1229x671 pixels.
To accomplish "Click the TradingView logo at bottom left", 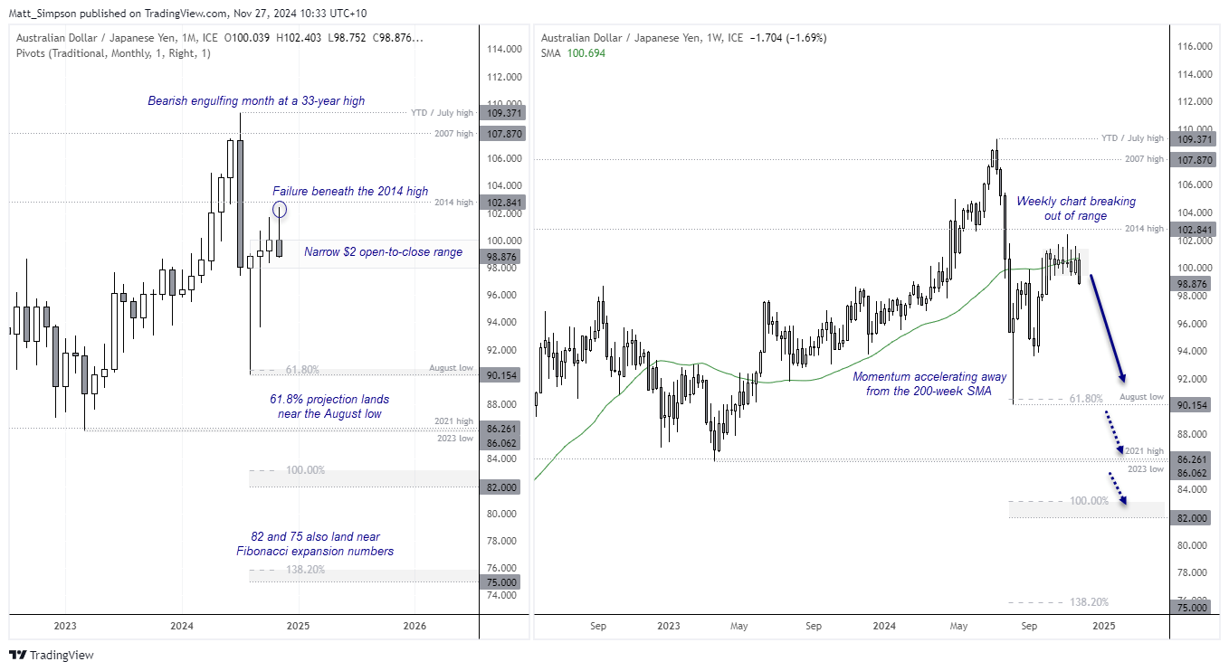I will tap(52, 655).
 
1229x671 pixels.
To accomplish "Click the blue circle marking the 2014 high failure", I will tap(280, 210).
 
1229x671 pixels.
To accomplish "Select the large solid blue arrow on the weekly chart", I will tap(1106, 327).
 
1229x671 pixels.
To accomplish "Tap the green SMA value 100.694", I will tap(585, 53).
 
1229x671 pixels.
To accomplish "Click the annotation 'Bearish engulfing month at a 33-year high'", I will tap(256, 101).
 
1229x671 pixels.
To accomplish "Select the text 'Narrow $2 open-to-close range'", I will tap(383, 251).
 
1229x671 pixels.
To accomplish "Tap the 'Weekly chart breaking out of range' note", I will tap(1075, 209).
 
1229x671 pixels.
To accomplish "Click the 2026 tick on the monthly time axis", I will tap(414, 626).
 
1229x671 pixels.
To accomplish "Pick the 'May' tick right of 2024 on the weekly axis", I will tap(959, 625).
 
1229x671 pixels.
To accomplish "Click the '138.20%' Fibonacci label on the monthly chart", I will tap(305, 570).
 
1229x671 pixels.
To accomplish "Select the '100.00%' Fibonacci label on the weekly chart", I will tap(1089, 501).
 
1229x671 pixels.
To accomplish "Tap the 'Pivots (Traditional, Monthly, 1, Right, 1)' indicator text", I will tap(113, 53).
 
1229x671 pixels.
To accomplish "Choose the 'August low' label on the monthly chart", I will tap(450, 369).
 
